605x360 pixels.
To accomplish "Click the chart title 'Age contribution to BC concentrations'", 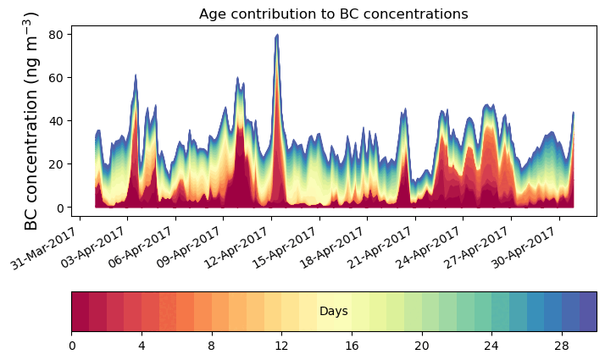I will (x=333, y=14).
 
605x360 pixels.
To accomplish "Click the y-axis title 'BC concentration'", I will (x=31, y=121).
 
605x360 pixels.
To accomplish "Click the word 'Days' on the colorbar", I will (x=333, y=312).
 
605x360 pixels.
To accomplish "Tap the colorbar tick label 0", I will (x=72, y=346).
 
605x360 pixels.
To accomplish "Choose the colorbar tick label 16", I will (x=352, y=346).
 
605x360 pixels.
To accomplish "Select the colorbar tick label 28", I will (x=561, y=346).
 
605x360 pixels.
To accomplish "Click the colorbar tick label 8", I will (x=212, y=346).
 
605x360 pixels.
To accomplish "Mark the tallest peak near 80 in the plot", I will (x=276, y=36).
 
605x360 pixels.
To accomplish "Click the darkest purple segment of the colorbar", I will (x=587, y=312).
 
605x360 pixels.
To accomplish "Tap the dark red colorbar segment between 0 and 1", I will (x=80, y=312).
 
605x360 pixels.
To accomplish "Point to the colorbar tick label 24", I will (x=491, y=346).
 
